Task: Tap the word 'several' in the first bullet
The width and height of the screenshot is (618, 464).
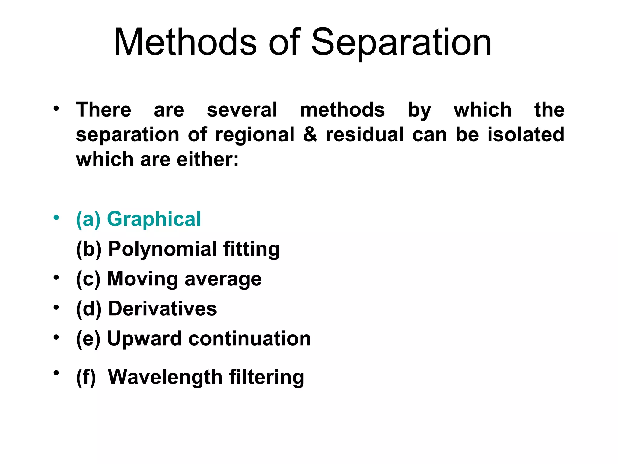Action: (x=242, y=110)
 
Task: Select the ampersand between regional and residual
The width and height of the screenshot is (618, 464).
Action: (x=310, y=134)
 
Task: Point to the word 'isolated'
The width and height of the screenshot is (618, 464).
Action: (x=526, y=134)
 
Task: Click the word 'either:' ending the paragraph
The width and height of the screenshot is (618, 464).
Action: (x=208, y=159)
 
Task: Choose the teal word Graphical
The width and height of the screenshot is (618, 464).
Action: (x=154, y=219)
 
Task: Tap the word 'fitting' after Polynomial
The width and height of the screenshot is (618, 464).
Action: (x=251, y=250)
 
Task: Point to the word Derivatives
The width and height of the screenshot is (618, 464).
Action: (x=162, y=309)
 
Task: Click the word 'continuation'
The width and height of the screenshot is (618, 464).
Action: (x=250, y=339)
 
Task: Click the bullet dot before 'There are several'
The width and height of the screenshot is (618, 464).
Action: (x=56, y=108)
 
